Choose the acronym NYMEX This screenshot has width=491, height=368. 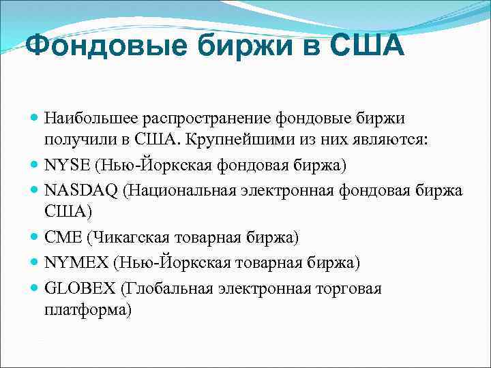[x=75, y=262]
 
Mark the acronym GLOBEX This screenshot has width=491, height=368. [x=79, y=288]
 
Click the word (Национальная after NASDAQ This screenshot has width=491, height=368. [x=179, y=189]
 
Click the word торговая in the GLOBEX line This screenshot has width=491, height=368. [x=348, y=288]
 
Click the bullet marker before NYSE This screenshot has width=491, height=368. [x=35, y=165]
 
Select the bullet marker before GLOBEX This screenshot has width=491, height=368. [x=35, y=288]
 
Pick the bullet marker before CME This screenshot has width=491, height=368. [x=35, y=237]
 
